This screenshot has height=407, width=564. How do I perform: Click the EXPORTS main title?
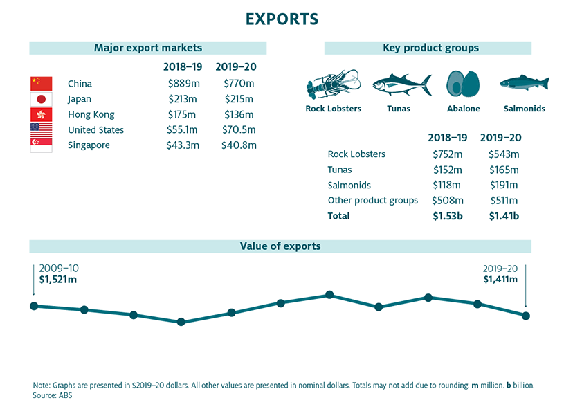coord(282,19)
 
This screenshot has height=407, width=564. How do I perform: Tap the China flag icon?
coord(41,84)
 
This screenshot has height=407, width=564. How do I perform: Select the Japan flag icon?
coord(41,100)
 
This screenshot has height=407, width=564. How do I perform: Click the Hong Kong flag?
coord(41,115)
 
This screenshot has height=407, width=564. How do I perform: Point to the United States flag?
coord(41,130)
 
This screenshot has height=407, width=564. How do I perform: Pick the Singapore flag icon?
coord(41,145)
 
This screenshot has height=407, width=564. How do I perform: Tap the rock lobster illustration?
coord(333,85)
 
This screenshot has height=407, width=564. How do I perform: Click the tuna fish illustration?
coord(401,85)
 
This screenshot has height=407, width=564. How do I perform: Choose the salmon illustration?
coord(524,83)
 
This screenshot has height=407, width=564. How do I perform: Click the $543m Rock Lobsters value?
coord(504,154)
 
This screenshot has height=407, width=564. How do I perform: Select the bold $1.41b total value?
coord(504,216)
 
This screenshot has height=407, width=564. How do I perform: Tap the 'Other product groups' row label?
coord(372,201)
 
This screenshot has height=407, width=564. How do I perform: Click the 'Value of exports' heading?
coord(280,246)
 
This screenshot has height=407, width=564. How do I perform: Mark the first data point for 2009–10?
coord(34,306)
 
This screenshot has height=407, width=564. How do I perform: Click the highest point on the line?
coord(329,295)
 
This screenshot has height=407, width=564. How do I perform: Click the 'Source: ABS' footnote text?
coord(53,396)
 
